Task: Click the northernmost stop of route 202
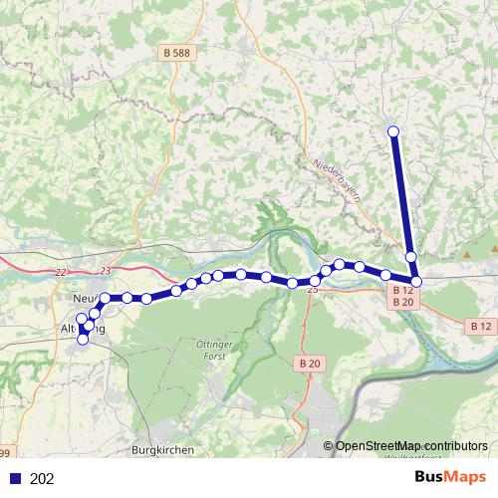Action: coord(393,131)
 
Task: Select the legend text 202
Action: coord(42,478)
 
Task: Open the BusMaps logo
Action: coord(450,477)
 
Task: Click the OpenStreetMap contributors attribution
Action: coord(411,446)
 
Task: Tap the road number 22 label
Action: coord(62,272)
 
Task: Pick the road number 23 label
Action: coord(106,271)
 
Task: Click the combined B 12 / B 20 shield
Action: coord(403,295)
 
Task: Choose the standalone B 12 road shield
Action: coord(480,326)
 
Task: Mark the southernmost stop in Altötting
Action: coord(83,340)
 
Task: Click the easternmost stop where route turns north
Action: coord(416,282)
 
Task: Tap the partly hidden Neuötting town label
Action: coord(84,298)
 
